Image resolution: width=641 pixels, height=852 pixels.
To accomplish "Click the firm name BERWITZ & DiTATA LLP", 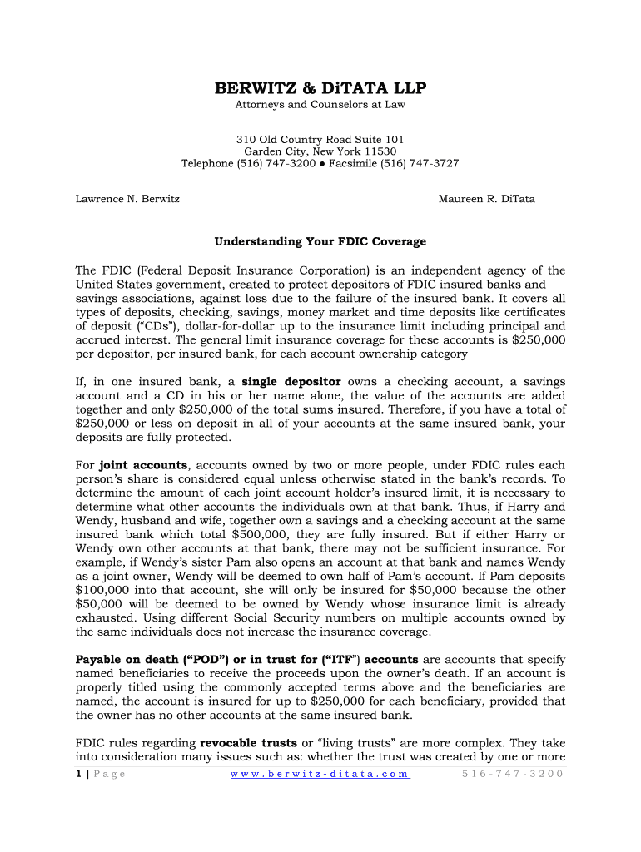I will point(320,88).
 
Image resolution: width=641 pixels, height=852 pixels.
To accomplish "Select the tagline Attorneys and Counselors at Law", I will point(320,105).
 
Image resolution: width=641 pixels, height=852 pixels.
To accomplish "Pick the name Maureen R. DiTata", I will point(502,199).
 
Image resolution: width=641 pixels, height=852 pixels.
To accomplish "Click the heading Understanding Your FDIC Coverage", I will point(320,241).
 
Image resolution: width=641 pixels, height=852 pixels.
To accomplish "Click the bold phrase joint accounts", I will point(144,465).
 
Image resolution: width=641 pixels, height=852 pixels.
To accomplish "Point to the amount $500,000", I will point(255,534).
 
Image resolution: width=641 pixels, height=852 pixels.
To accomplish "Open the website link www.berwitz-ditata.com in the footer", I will point(320,774).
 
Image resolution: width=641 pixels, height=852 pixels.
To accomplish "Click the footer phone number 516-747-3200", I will point(512,774).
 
